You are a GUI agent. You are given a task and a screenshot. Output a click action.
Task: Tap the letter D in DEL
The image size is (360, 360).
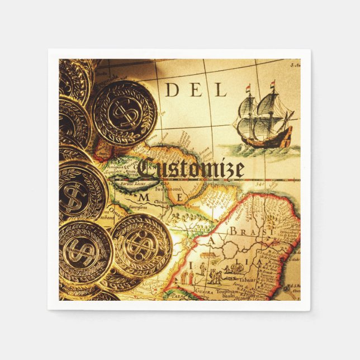[x=172, y=90]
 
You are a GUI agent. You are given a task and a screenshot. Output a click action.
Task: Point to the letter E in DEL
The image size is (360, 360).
[x=196, y=90]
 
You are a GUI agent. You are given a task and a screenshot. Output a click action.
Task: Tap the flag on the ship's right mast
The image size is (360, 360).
[x=273, y=85]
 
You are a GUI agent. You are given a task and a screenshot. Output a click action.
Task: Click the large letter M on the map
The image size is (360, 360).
[x=144, y=198]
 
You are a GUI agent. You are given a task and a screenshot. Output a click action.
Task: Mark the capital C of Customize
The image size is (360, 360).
[x=146, y=168]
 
